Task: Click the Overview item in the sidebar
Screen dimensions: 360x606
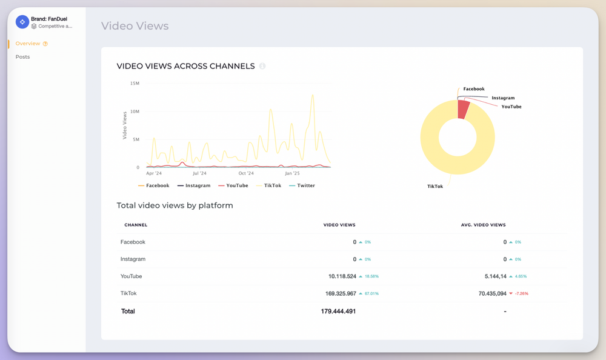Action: click(x=28, y=44)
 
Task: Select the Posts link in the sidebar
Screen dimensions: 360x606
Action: click(x=22, y=57)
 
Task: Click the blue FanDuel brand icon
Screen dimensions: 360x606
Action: click(x=22, y=22)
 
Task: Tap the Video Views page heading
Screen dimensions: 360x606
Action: click(x=135, y=25)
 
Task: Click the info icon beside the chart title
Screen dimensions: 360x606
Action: click(x=262, y=66)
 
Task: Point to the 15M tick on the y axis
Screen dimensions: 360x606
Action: click(x=135, y=83)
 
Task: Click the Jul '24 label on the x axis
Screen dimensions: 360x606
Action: click(x=199, y=173)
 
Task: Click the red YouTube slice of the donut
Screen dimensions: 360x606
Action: click(x=463, y=110)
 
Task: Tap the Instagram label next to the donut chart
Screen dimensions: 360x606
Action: click(x=503, y=98)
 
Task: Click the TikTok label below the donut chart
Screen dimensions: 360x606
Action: click(x=435, y=187)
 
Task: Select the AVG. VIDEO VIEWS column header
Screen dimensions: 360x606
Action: click(x=483, y=225)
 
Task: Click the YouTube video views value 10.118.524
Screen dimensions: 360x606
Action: click(x=342, y=276)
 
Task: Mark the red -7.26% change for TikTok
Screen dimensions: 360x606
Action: click(x=519, y=293)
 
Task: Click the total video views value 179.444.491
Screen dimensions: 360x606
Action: click(x=338, y=312)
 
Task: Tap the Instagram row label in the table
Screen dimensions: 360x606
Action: click(x=133, y=259)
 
